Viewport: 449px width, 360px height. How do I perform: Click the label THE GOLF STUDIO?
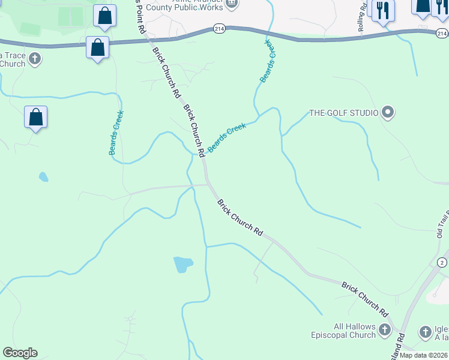click(343, 113)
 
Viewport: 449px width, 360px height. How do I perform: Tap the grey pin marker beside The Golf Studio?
click(388, 113)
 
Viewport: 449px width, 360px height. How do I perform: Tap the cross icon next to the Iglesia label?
click(425, 331)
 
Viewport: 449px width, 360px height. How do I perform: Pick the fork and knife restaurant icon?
click(382, 11)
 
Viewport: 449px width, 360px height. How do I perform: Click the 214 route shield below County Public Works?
click(218, 28)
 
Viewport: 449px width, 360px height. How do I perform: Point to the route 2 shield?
click(442, 263)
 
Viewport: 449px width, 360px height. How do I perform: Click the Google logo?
click(20, 353)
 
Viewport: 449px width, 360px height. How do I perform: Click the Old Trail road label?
click(443, 226)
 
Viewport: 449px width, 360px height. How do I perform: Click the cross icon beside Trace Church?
click(36, 58)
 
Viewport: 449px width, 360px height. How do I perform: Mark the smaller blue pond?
click(43, 177)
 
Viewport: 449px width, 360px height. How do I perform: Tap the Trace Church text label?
click(13, 59)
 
